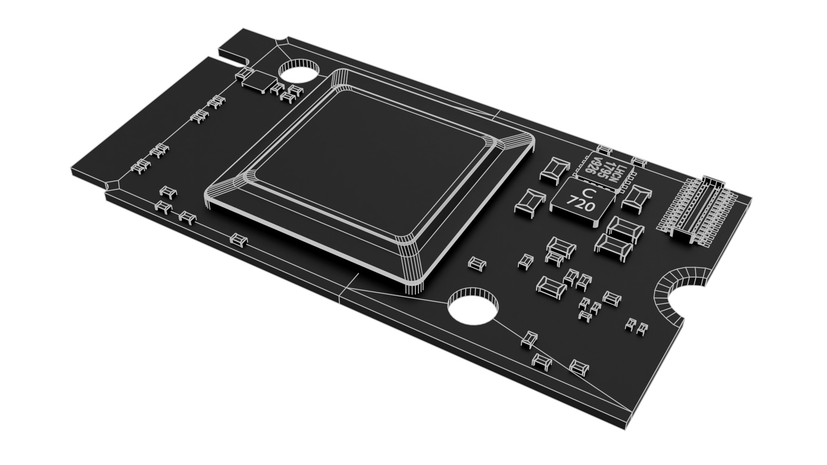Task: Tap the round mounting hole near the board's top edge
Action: [298, 71]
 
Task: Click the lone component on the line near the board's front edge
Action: [238, 239]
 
